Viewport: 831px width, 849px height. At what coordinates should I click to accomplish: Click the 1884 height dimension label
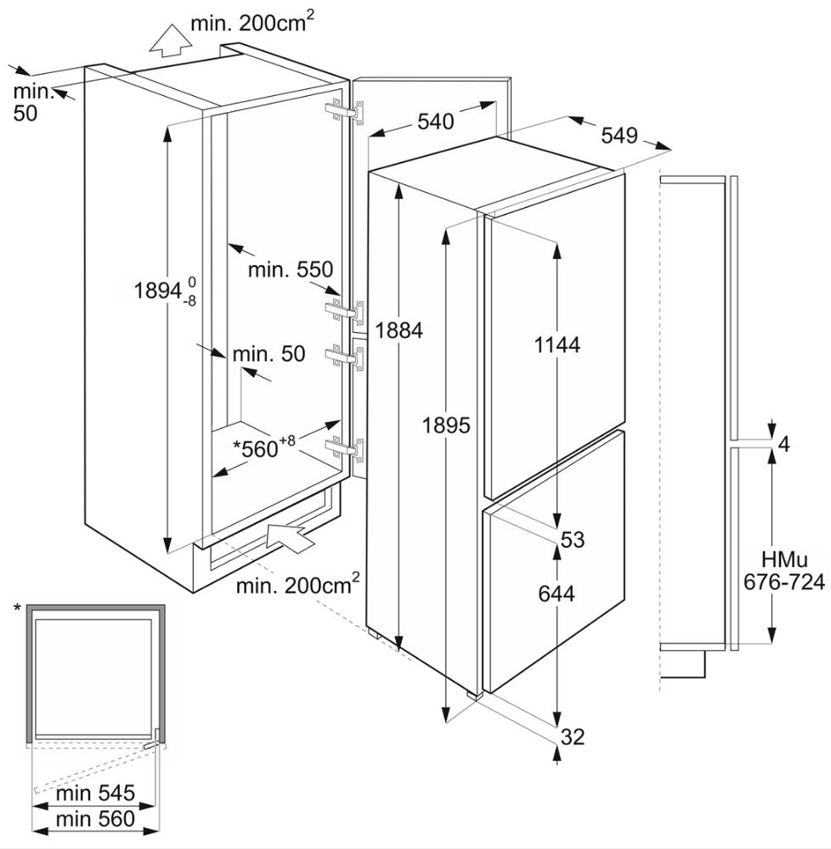coord(399,330)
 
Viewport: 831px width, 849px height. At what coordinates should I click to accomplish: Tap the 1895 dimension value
coord(446,425)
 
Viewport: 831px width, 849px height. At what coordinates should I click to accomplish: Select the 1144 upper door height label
coord(557,345)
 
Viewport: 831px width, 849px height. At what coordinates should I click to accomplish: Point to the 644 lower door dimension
coord(557,593)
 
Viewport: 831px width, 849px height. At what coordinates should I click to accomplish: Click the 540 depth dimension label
coord(435,121)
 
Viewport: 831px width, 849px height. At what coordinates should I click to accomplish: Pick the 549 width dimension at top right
coord(619,135)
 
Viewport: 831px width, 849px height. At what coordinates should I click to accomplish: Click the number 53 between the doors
coord(573,539)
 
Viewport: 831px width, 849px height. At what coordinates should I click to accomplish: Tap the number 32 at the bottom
coord(573,737)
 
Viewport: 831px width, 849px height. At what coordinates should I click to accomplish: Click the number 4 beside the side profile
coord(783,444)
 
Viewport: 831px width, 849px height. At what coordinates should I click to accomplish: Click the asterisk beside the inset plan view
coord(17,609)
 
